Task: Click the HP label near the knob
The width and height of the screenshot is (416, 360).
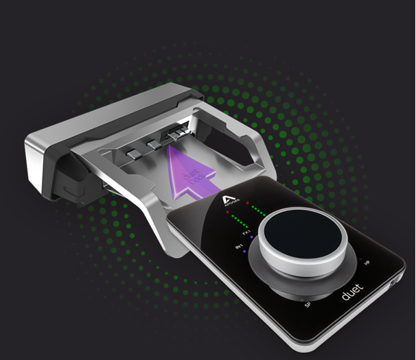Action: [x=367, y=262]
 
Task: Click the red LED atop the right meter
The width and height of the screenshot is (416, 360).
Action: [x=249, y=203]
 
